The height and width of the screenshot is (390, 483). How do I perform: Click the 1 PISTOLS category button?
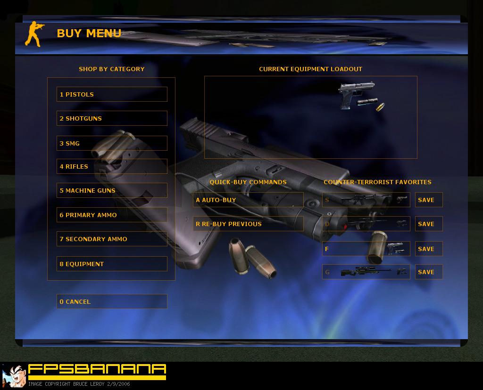tap(112, 94)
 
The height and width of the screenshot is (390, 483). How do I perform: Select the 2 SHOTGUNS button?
tap(112, 118)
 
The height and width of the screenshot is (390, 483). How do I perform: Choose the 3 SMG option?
tap(112, 143)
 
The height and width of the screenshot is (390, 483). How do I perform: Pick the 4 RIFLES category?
tap(112, 166)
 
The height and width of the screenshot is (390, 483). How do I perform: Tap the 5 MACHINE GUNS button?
tap(112, 190)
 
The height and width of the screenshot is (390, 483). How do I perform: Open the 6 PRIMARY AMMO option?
tap(112, 215)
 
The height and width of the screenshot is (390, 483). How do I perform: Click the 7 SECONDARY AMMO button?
tap(112, 239)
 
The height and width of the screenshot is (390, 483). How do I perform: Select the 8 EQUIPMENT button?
tap(112, 264)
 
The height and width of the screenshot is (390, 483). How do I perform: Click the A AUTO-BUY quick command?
tap(248, 200)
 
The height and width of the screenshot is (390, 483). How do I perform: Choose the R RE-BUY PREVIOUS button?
tap(248, 224)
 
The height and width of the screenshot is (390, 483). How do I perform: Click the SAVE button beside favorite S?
tap(429, 200)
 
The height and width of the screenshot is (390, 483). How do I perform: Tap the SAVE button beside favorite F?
tap(429, 249)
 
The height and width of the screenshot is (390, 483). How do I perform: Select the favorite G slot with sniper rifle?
tap(366, 272)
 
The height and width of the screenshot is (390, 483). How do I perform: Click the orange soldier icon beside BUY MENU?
tap(34, 34)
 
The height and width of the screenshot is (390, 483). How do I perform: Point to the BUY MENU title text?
tap(89, 33)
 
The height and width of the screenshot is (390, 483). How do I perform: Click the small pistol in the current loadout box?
tap(356, 95)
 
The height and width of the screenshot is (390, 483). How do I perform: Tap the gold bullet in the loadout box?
tap(381, 107)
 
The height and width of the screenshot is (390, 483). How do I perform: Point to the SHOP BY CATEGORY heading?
tap(111, 69)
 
